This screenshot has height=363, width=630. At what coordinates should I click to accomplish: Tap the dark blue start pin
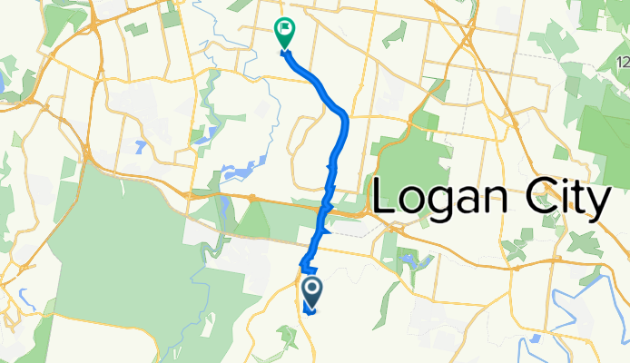(x=311, y=291)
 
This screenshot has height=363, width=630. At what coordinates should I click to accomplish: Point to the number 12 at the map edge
(x=623, y=62)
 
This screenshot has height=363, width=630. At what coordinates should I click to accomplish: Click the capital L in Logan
(x=385, y=197)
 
